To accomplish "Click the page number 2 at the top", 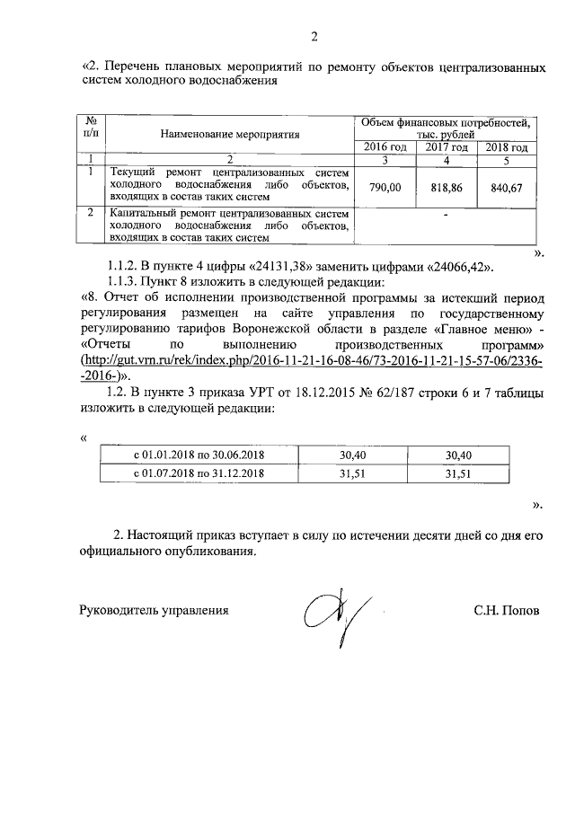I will (x=314, y=37).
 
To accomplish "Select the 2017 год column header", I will (x=446, y=147).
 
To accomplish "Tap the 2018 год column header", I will (x=506, y=147).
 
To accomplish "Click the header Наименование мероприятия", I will (x=230, y=135).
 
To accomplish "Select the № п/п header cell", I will (x=91, y=127).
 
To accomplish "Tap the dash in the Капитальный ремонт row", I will (x=446, y=216).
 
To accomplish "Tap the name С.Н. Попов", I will (x=508, y=610).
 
